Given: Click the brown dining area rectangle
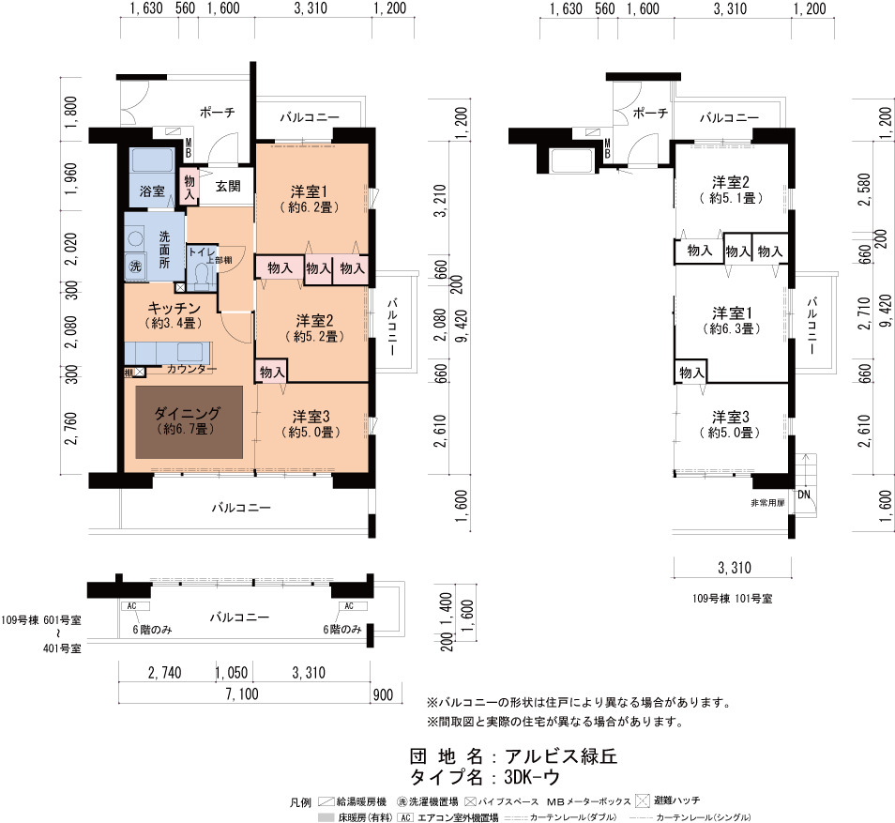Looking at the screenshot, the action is point(189,422).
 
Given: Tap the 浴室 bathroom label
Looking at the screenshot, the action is point(152,191).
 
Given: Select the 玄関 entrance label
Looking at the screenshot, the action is point(228,186).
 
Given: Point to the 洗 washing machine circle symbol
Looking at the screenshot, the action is point(135,267).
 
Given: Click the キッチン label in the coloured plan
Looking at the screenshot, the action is point(174,309).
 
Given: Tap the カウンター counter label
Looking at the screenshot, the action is point(191,370).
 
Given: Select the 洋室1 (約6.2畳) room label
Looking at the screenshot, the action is point(309,199).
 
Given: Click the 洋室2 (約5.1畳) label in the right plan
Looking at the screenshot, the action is point(731,191).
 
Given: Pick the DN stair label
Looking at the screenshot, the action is point(804,495).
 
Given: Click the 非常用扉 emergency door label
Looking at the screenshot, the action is point(767,503).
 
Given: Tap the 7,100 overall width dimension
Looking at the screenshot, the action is point(242,693).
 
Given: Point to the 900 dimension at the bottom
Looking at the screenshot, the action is point(383,694).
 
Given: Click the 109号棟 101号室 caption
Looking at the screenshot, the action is point(733,599).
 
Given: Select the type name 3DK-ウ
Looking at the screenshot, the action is point(532,777).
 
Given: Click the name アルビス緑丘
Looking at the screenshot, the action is point(561,756).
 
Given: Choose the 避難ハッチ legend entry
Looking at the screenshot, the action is point(668,800).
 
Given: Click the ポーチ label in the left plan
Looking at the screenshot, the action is point(217,113).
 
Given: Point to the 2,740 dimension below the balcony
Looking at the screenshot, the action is point(164,673).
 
